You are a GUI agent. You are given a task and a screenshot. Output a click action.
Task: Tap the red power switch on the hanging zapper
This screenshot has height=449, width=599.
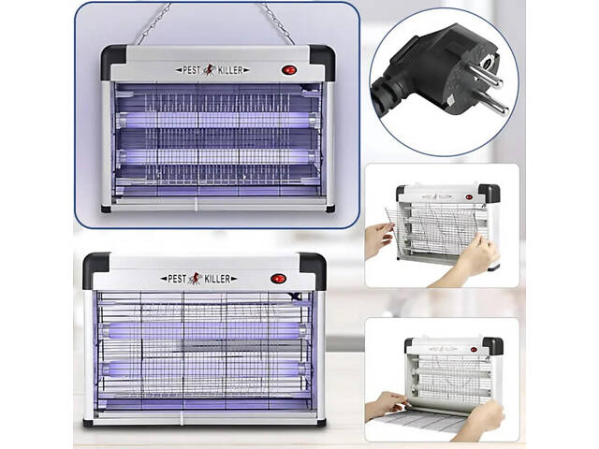289,70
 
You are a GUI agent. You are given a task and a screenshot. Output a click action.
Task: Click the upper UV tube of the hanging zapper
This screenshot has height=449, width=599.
215,120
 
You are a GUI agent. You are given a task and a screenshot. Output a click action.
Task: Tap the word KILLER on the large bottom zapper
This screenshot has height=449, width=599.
221,279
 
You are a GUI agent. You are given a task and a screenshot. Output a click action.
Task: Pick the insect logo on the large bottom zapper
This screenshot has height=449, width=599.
197,278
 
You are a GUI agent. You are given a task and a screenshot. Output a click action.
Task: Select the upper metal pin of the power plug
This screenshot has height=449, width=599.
487,76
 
